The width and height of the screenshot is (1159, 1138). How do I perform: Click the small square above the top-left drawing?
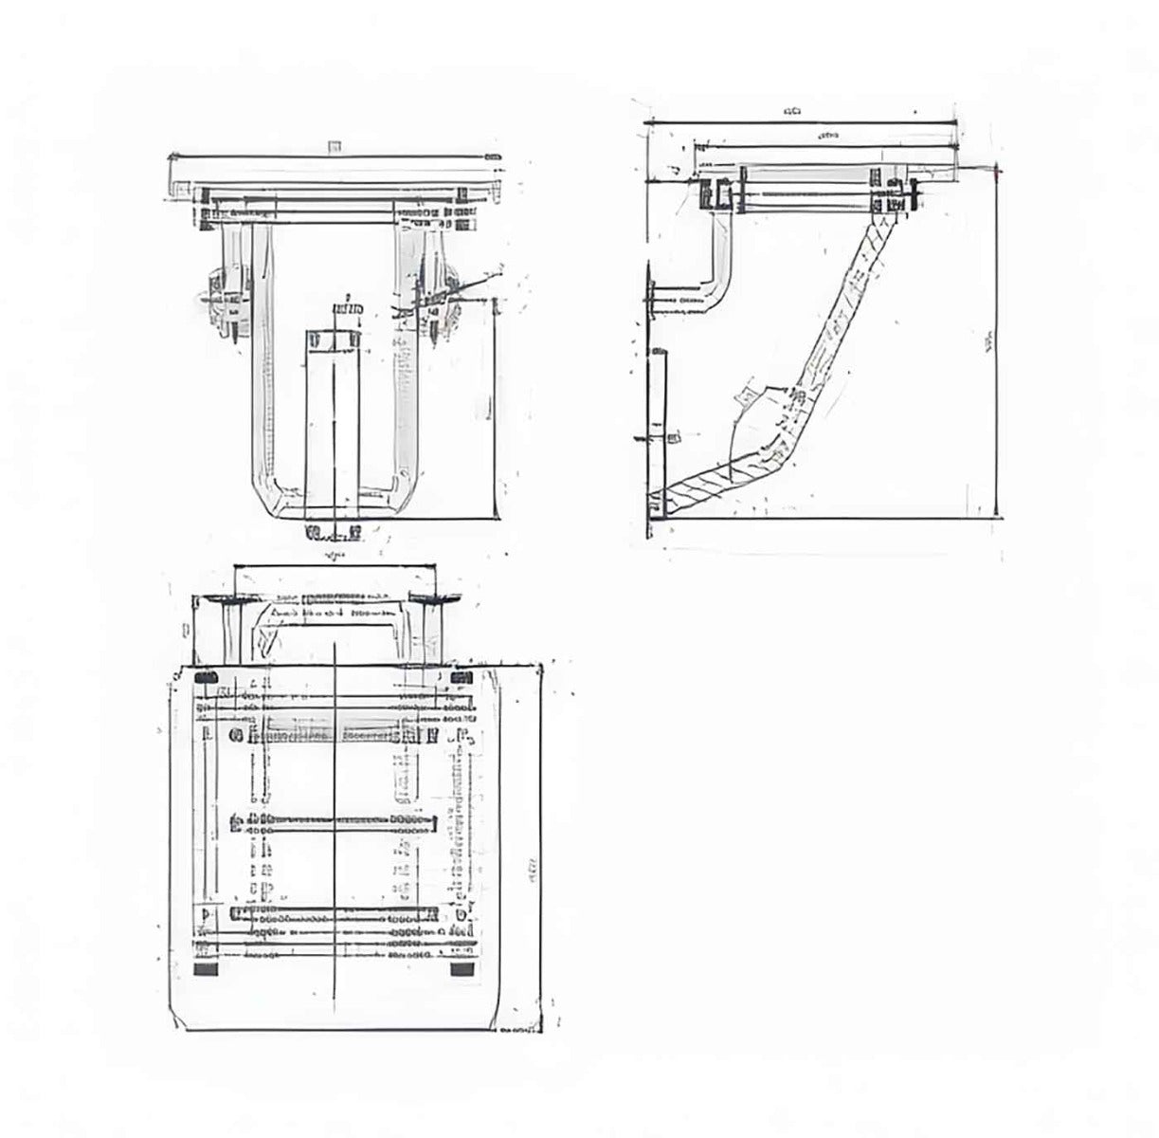point(333,146)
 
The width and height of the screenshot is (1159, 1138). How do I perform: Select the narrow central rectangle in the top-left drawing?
point(333,417)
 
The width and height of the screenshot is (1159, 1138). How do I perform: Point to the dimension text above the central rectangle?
point(348,310)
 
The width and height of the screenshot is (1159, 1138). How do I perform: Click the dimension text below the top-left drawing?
point(334,553)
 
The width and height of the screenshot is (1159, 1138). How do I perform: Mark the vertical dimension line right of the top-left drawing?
point(496,408)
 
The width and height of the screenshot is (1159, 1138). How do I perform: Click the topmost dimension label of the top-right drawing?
point(792,111)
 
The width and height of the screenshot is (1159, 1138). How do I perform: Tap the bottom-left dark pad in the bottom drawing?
point(205,970)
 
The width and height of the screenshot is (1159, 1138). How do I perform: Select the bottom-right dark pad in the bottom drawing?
point(462,970)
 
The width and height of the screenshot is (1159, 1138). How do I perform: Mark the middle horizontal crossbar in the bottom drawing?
point(334,823)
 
